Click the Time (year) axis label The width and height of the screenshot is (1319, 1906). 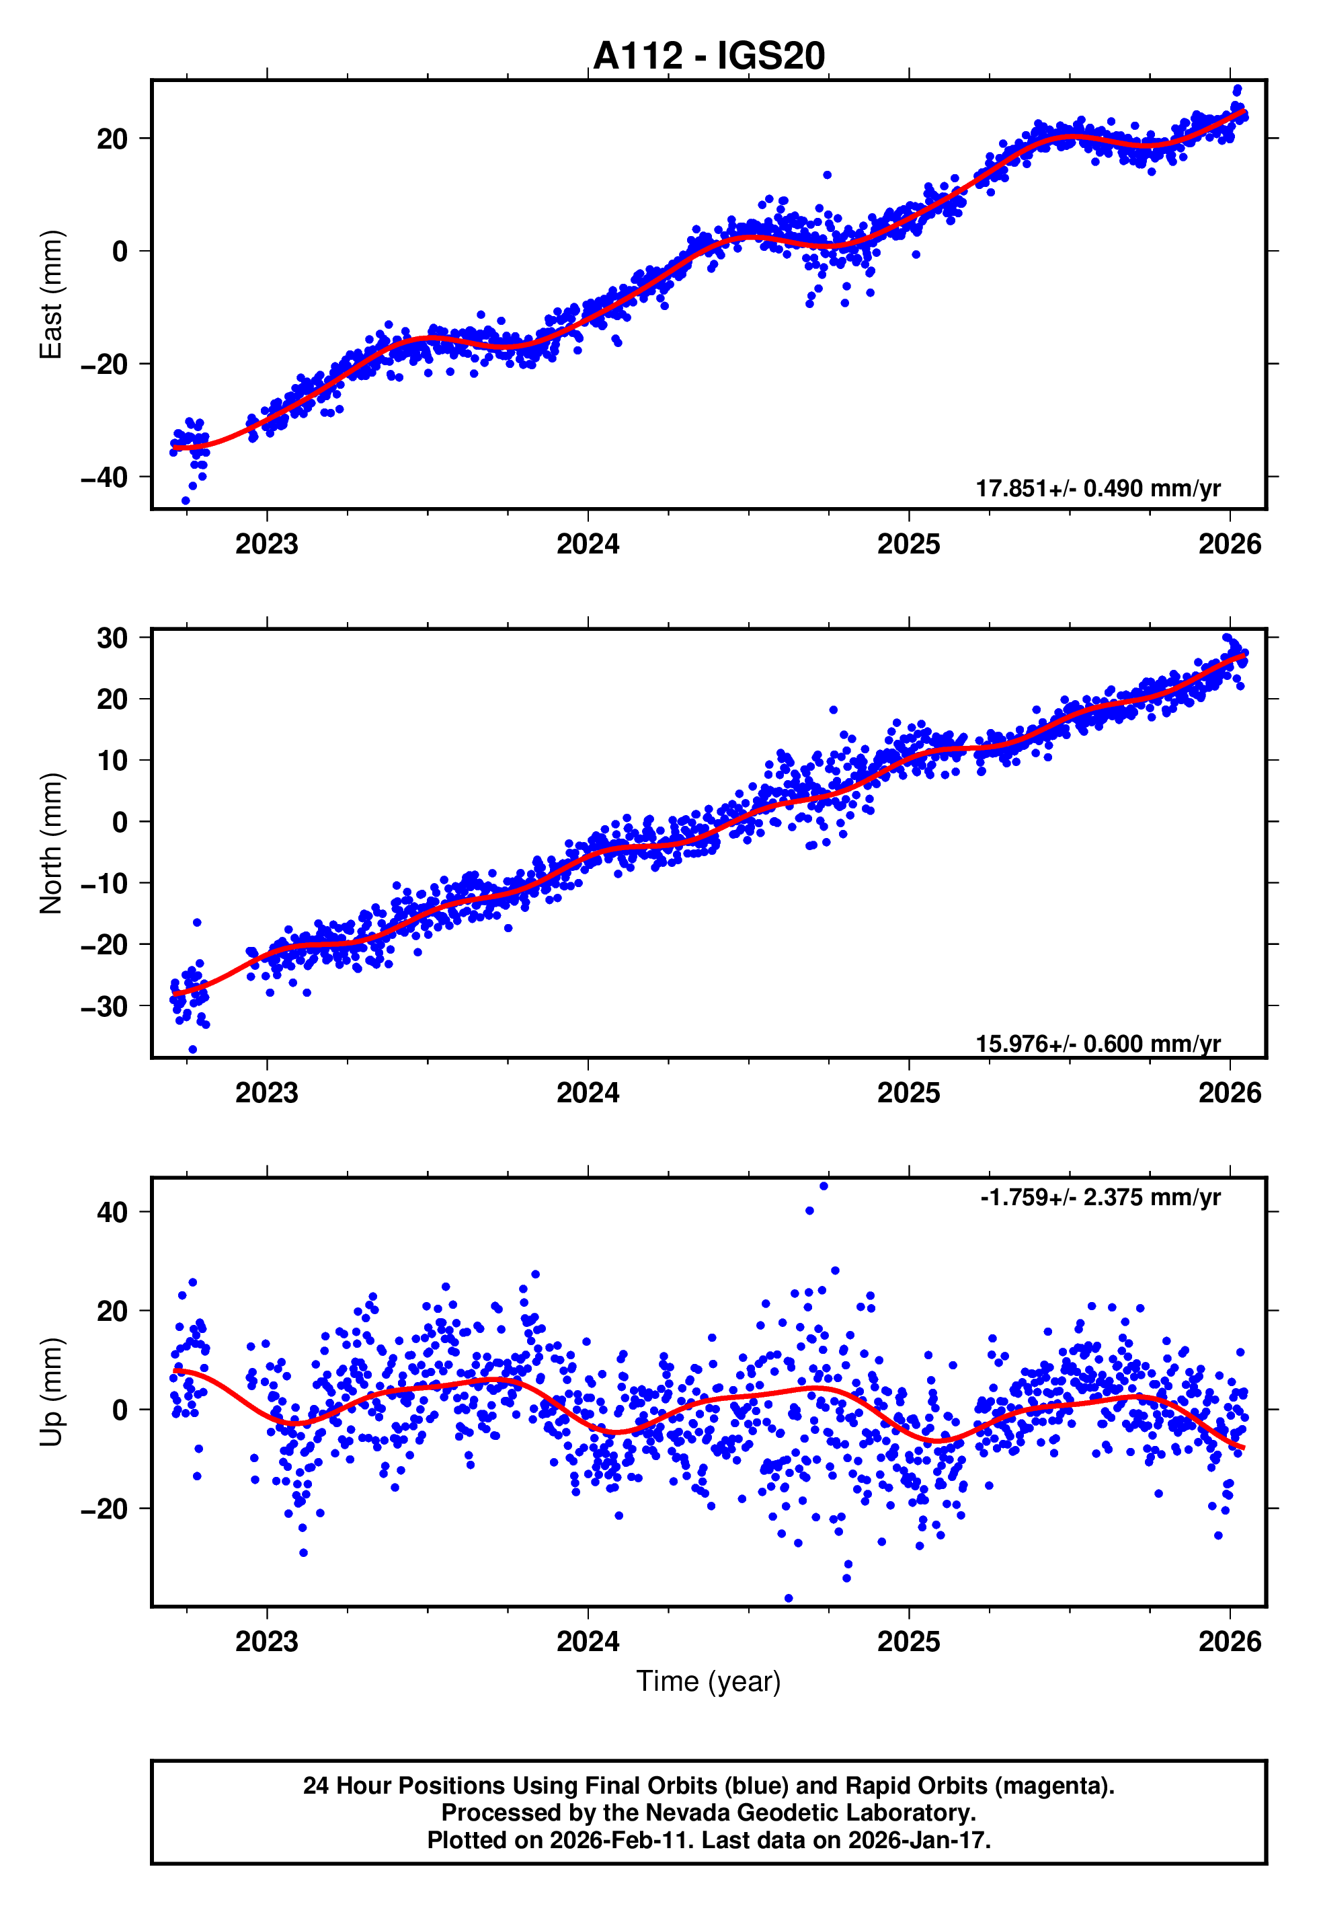tap(709, 1682)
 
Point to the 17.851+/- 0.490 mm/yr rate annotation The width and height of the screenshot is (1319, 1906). tap(1098, 488)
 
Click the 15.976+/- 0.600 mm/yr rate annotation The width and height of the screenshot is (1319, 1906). tap(1098, 1044)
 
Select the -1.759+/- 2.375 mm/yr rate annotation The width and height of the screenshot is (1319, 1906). tap(1100, 1198)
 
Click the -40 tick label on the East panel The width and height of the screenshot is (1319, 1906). tap(104, 478)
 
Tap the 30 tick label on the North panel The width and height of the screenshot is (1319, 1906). tap(112, 638)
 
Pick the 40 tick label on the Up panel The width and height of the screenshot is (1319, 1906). tap(112, 1213)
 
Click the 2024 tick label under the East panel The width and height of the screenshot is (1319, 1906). tap(588, 545)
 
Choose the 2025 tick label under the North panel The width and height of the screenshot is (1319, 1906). tap(908, 1094)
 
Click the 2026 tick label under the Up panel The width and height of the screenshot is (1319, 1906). tap(1230, 1642)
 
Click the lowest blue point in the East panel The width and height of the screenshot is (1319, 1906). tap(185, 501)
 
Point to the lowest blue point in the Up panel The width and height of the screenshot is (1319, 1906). tap(789, 1598)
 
